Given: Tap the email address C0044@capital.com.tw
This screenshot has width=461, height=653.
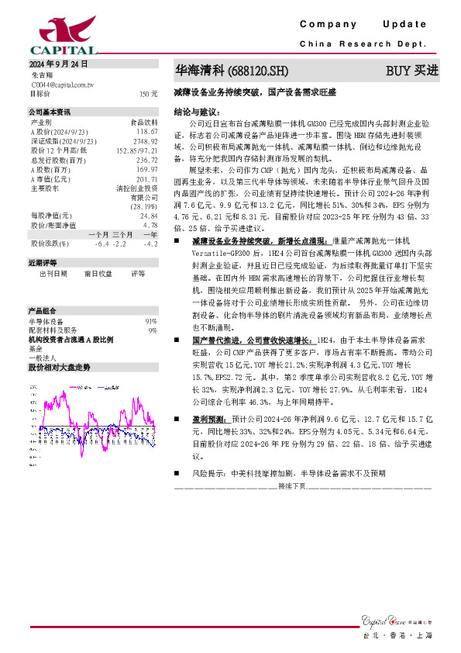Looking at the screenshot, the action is coord(61,84).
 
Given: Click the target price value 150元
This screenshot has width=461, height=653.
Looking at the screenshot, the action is coord(149,94).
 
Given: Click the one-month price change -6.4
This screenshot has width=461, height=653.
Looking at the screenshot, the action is coord(101,244).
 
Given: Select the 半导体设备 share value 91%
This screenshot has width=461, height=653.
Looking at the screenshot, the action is coord(151,320).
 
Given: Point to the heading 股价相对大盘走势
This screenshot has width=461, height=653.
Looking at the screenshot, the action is coord(59,366).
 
